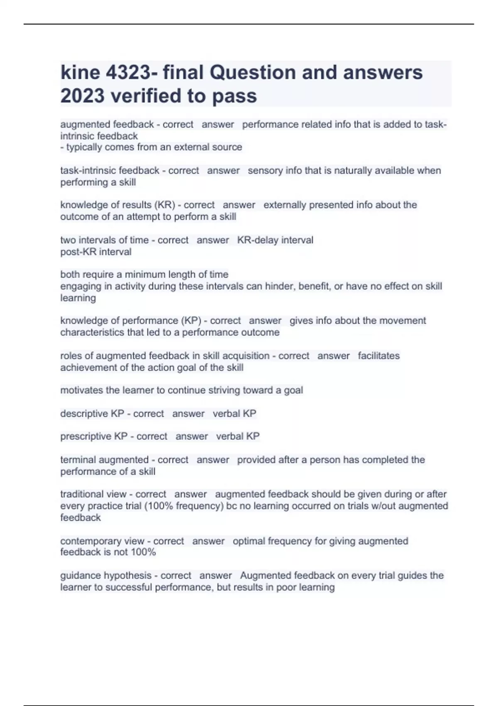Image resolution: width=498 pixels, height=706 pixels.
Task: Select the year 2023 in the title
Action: [82, 96]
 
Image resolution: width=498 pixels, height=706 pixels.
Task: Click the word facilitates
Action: [378, 356]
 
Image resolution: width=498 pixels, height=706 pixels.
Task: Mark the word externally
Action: [283, 205]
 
